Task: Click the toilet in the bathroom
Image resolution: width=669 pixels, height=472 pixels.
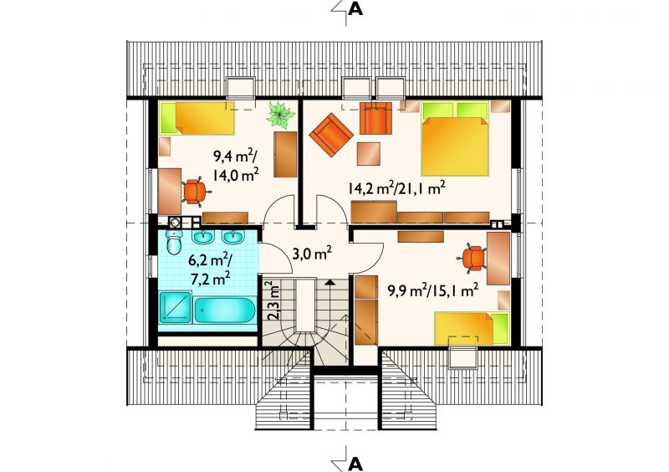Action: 174,242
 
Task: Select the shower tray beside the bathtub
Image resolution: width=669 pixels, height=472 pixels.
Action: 175,307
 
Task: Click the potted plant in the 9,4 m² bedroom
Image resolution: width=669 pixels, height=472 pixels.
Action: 281,114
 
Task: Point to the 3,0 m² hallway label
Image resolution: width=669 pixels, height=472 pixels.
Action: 312,254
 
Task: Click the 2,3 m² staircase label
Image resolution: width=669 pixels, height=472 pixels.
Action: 273,300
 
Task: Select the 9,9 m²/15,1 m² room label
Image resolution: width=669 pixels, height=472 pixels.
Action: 432,290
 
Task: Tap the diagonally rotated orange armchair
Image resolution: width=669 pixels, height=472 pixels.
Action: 331,135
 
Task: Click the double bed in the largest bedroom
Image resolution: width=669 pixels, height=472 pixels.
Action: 455,139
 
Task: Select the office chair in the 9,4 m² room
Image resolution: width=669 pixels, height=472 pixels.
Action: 194,192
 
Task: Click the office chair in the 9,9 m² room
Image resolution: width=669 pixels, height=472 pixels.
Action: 472,259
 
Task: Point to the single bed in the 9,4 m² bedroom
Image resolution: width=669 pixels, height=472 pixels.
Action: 197,117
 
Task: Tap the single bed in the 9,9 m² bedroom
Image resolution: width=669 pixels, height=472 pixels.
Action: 472,328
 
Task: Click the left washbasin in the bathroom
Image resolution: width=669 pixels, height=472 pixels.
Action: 202,237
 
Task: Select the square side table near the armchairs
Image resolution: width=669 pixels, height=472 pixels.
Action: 369,154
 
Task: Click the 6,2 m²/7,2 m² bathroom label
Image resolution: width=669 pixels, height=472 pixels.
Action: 210,269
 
